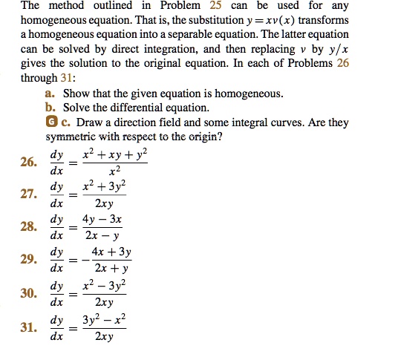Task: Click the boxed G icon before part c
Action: click(50, 122)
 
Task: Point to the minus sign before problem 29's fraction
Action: click(81, 261)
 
